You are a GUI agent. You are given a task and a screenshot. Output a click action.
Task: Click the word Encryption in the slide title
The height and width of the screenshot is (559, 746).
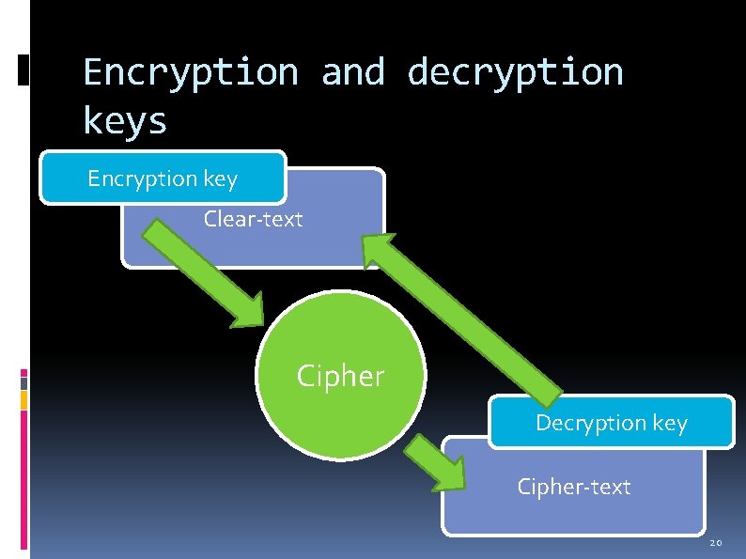[x=191, y=72]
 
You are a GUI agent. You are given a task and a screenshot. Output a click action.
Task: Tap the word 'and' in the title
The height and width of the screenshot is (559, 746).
[x=352, y=72]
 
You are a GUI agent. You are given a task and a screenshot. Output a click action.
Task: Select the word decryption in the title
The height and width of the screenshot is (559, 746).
[x=515, y=72]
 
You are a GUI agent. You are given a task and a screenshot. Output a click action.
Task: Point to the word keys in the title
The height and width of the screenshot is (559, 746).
[x=125, y=121]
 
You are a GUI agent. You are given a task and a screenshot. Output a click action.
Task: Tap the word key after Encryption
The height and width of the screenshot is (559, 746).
[x=218, y=179]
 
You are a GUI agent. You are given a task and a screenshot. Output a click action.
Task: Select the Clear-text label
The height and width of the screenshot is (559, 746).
[x=254, y=220]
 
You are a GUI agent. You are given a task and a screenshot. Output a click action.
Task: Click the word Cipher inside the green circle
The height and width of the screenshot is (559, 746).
[x=340, y=377]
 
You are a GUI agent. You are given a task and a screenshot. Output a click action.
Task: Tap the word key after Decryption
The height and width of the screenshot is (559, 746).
[x=670, y=423]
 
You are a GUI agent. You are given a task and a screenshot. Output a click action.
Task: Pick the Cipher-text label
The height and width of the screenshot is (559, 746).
[x=574, y=487]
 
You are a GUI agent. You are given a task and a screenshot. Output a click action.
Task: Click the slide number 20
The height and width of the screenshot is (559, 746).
[x=715, y=543]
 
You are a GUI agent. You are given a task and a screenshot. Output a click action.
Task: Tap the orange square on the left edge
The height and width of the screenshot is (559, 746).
[x=23, y=400]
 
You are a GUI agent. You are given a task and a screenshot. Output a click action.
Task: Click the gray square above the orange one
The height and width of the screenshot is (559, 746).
[x=23, y=383]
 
